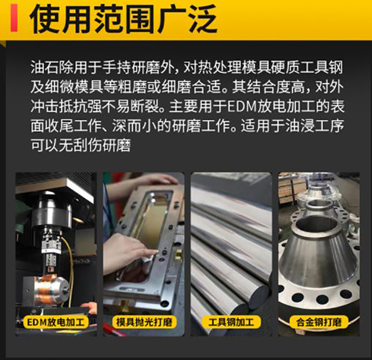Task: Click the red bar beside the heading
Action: click(x=14, y=18)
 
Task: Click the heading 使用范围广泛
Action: click(x=123, y=18)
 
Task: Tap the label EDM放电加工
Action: click(x=56, y=322)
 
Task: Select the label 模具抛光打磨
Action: click(x=144, y=322)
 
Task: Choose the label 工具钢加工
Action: click(x=231, y=322)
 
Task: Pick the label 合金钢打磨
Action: click(x=319, y=322)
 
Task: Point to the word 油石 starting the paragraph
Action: click(x=45, y=68)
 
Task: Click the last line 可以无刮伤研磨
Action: click(x=81, y=145)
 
